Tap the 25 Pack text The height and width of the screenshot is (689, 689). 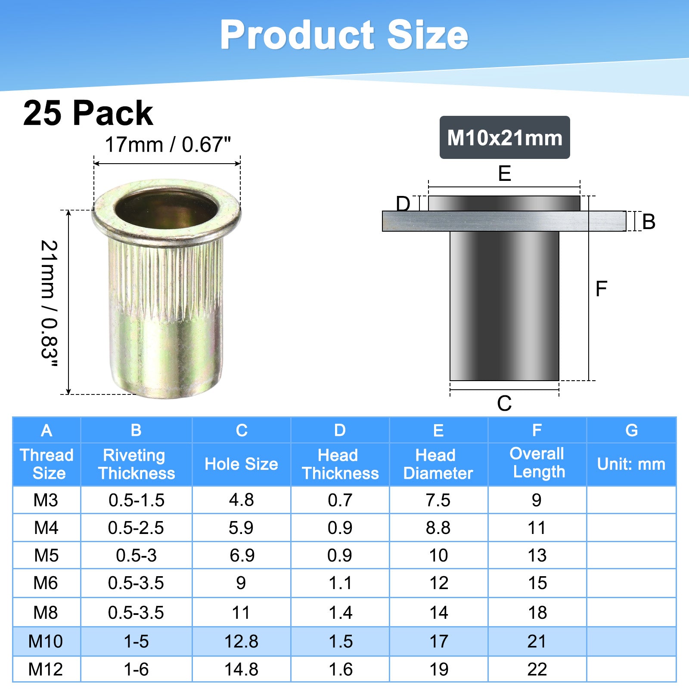[88, 113]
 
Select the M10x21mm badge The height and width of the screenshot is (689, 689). [505, 137]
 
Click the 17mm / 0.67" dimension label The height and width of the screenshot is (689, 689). [168, 145]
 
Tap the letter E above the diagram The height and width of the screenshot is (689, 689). [504, 174]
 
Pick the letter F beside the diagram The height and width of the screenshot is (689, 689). [601, 289]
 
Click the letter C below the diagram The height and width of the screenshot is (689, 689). [504, 403]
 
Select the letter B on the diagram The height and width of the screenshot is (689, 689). [649, 222]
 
